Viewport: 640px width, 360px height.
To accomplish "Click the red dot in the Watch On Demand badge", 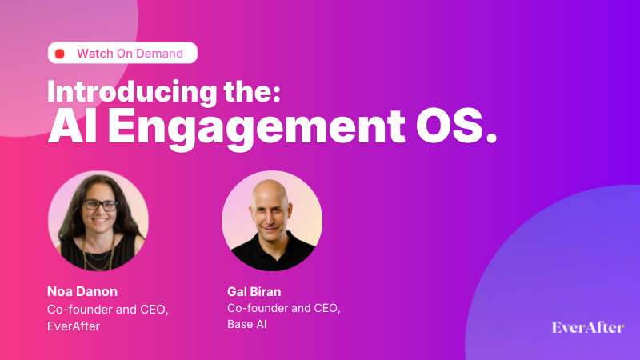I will click(59, 54).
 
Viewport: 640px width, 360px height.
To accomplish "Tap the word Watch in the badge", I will click(94, 54).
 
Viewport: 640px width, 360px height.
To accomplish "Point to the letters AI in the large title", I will click(69, 127).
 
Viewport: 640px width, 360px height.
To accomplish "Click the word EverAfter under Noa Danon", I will click(73, 326).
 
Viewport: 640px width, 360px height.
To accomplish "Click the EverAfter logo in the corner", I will click(588, 327).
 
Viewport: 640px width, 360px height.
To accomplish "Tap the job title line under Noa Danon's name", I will click(106, 310).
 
